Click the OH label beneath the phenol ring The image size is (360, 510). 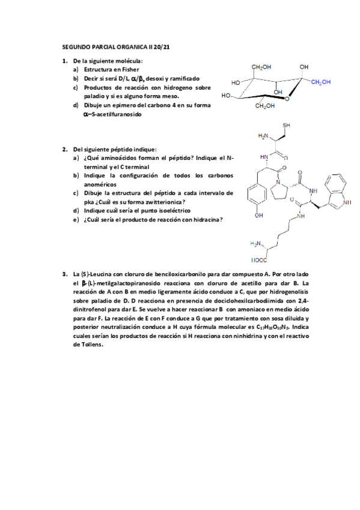tap(259, 215)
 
